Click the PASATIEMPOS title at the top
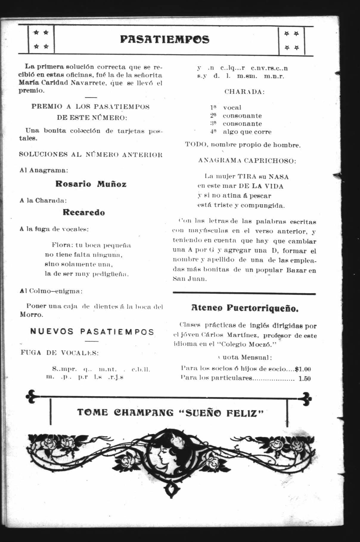pyautogui.click(x=165, y=40)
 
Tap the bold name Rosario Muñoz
pyautogui.click(x=91, y=184)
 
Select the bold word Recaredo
pyautogui.click(x=84, y=213)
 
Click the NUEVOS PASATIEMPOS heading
pyautogui.click(x=92, y=332)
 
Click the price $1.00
pyautogui.click(x=303, y=369)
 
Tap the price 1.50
pyautogui.click(x=305, y=379)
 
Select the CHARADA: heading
pyautogui.click(x=244, y=92)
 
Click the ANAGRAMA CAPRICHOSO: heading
pyautogui.click(x=247, y=161)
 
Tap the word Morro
pyautogui.click(x=32, y=314)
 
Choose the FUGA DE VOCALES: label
pyautogui.click(x=60, y=353)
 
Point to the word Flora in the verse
pyautogui.click(x=61, y=245)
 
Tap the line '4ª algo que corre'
pyautogui.click(x=241, y=132)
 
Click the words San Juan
pyautogui.click(x=190, y=279)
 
